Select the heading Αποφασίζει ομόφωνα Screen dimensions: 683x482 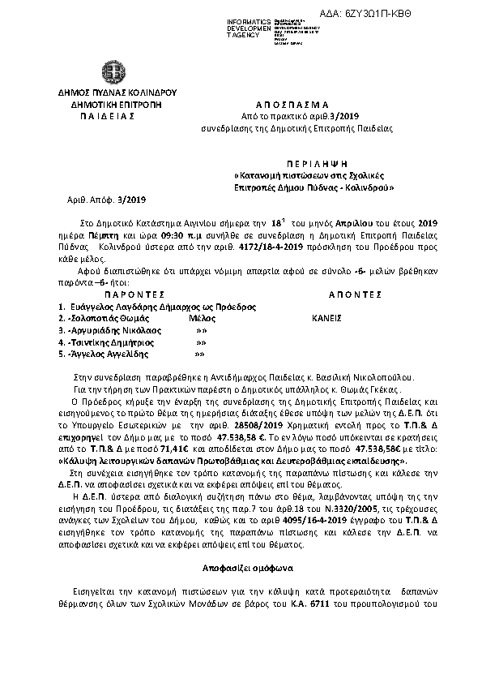[241, 567]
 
